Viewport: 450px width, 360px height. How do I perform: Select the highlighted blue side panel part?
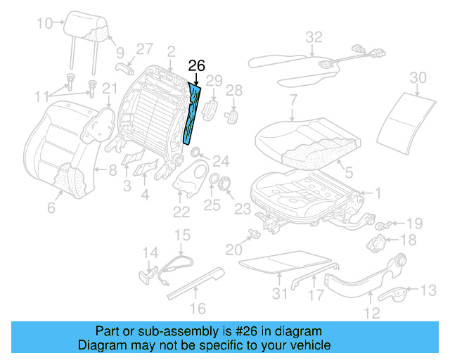192,112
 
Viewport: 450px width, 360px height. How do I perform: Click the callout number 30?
418,77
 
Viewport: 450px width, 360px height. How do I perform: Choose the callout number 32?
314,37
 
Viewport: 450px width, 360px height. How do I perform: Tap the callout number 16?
198,308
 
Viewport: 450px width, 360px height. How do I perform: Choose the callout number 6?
51,207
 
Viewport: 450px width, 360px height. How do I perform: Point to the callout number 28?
233,90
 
